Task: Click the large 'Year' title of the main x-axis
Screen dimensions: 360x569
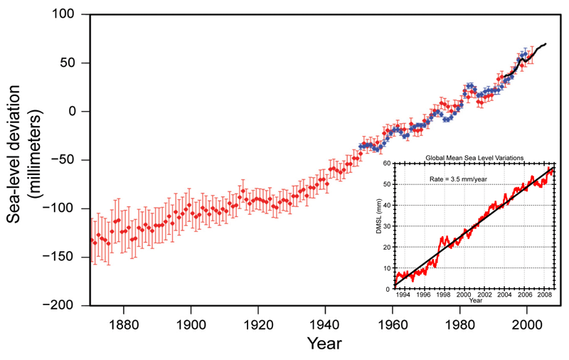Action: tap(324, 343)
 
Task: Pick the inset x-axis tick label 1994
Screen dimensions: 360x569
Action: tap(403, 295)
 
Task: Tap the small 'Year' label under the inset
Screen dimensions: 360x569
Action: tap(473, 301)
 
